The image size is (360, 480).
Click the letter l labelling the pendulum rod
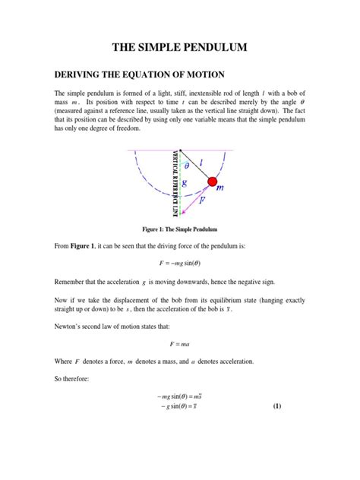(201, 162)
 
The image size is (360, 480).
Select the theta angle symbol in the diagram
(188, 162)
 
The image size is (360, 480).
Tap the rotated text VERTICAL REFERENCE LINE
(175, 181)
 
